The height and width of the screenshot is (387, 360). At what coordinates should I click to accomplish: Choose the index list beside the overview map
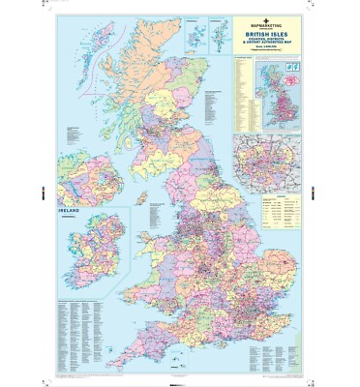coord(245,97)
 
